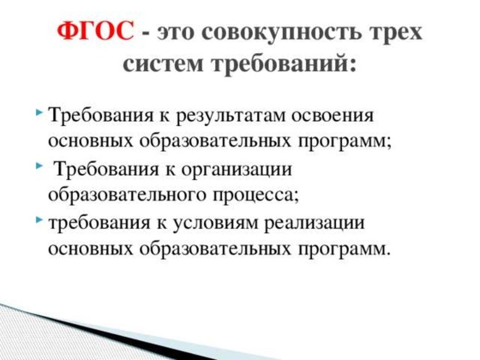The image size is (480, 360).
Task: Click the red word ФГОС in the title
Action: click(x=95, y=31)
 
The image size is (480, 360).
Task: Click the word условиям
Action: click(x=223, y=224)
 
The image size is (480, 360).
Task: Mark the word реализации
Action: click(x=320, y=224)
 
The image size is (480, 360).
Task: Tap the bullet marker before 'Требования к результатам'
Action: click(x=39, y=113)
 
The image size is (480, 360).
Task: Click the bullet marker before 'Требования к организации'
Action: click(x=39, y=167)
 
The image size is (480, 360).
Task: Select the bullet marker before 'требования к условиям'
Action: click(x=39, y=222)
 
